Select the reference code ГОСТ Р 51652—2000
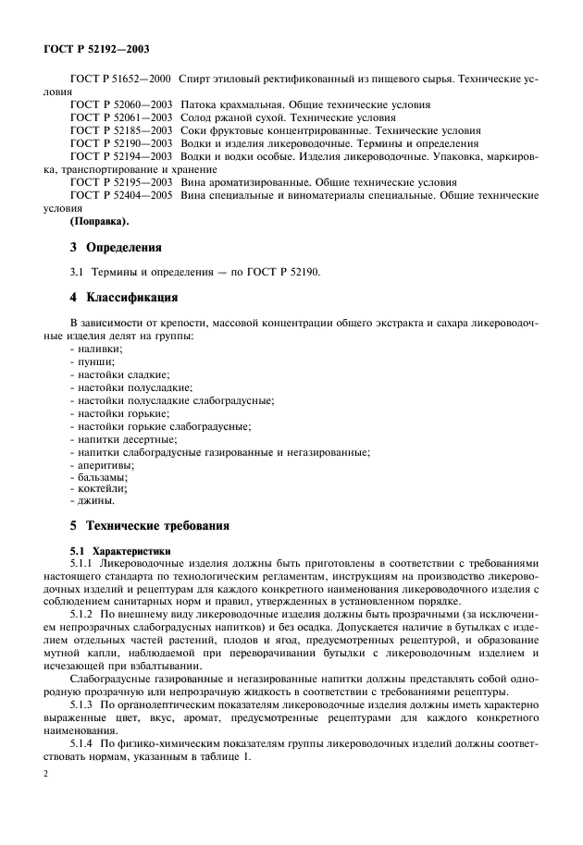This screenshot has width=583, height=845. point(120,80)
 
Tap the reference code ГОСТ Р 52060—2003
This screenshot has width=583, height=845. point(120,106)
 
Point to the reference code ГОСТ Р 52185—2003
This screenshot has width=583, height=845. point(120,131)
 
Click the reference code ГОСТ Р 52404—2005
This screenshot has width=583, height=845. point(120,196)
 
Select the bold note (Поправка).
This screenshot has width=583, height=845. point(100,222)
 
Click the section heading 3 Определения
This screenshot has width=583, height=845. point(116,248)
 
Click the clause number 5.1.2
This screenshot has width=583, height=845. point(83,612)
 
